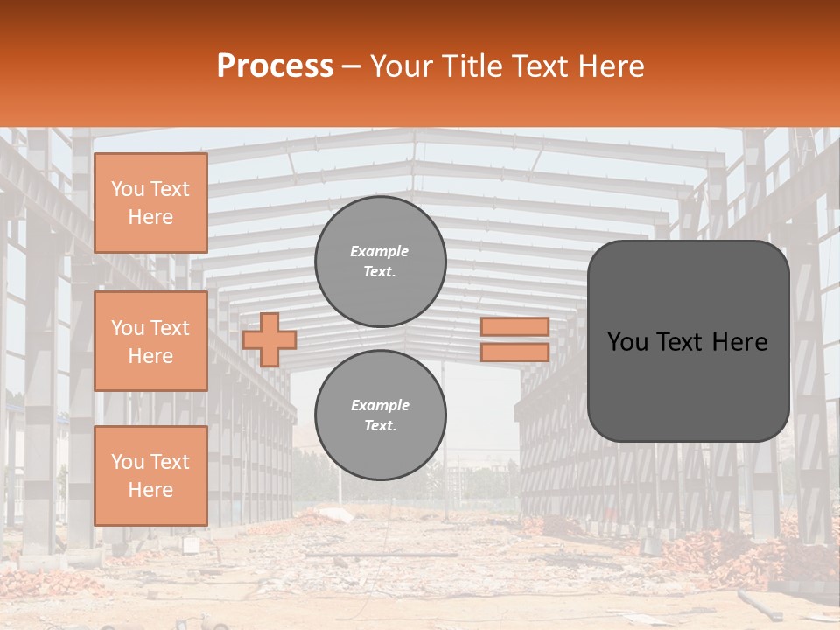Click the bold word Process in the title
click(x=275, y=66)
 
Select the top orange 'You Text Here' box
click(x=150, y=203)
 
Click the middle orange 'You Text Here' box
click(x=150, y=341)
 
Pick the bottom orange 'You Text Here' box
click(x=150, y=476)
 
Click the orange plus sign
click(x=269, y=339)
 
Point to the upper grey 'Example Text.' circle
click(x=380, y=262)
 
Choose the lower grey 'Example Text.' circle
click(x=380, y=416)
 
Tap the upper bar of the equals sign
click(x=514, y=326)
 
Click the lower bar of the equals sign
click(x=514, y=352)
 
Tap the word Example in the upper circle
click(x=379, y=251)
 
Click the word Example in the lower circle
click(x=379, y=405)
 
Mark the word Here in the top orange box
click(x=150, y=217)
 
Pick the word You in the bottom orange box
click(x=128, y=462)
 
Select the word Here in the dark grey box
click(x=740, y=342)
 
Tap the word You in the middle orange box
click(x=128, y=328)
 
